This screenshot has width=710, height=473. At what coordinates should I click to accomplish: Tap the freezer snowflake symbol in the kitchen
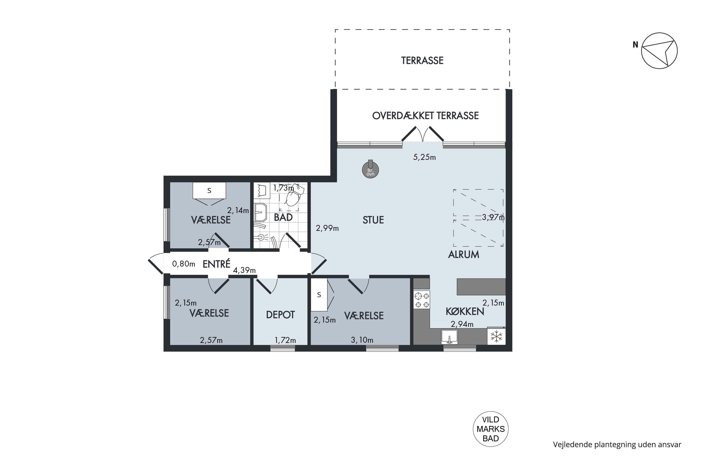[496, 336]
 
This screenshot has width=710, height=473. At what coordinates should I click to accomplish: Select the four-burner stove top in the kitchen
[422, 300]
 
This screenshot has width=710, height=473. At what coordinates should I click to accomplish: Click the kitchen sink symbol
[449, 337]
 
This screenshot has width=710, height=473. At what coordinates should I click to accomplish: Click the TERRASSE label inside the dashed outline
[422, 61]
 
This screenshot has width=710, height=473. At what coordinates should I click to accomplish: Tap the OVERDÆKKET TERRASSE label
[425, 116]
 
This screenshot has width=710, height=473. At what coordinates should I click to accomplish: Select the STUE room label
[373, 220]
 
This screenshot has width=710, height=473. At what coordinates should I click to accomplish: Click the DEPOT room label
[280, 315]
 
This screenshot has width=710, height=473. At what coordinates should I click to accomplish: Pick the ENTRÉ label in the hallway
[217, 264]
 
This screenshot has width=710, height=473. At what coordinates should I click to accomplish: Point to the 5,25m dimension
[424, 157]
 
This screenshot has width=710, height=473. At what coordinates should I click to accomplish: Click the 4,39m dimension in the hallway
[244, 270]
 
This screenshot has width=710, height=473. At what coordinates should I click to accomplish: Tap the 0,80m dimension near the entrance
[184, 264]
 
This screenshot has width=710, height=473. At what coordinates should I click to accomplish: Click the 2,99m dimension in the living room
[327, 228]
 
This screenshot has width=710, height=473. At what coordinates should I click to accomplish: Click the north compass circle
[659, 51]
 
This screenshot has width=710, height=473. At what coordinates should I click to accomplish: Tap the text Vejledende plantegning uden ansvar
[617, 444]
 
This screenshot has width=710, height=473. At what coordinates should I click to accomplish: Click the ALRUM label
[463, 255]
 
